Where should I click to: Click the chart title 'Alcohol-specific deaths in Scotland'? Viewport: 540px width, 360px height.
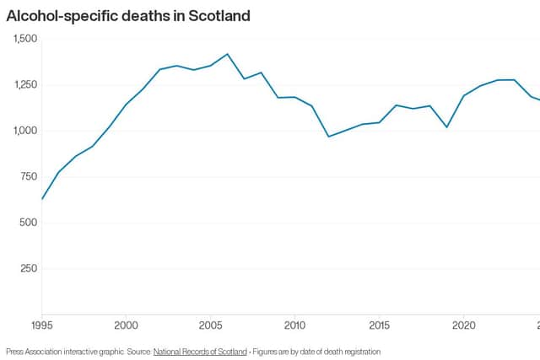[x=128, y=16]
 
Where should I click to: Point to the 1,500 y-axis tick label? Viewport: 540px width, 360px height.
[x=25, y=39]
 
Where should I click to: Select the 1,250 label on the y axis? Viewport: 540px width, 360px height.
[x=25, y=84]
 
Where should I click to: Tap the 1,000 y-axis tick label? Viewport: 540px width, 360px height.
[x=25, y=131]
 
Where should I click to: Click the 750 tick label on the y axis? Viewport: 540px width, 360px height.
[x=29, y=176]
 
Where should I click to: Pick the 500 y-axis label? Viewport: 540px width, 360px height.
[x=29, y=223]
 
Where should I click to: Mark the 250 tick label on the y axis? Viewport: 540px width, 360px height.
[x=29, y=268]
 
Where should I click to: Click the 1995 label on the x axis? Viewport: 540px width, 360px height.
[x=42, y=325]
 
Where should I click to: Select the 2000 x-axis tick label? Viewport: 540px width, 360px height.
[x=126, y=325]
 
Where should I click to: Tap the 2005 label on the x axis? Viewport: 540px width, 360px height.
[x=210, y=325]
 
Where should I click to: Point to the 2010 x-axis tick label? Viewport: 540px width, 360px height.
[x=294, y=325]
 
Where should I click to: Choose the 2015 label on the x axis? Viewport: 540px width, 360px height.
[x=379, y=325]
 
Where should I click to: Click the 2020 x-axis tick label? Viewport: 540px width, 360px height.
[x=463, y=325]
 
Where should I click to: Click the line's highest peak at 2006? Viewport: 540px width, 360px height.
[x=227, y=54]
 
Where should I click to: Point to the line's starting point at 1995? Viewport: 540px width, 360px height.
[x=42, y=199]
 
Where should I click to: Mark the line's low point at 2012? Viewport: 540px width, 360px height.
[x=328, y=137]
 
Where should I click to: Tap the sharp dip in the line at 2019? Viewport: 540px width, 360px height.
[x=446, y=127]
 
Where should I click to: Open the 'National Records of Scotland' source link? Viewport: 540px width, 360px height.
[x=200, y=352]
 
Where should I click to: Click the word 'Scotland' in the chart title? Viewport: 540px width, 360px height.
[x=219, y=16]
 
